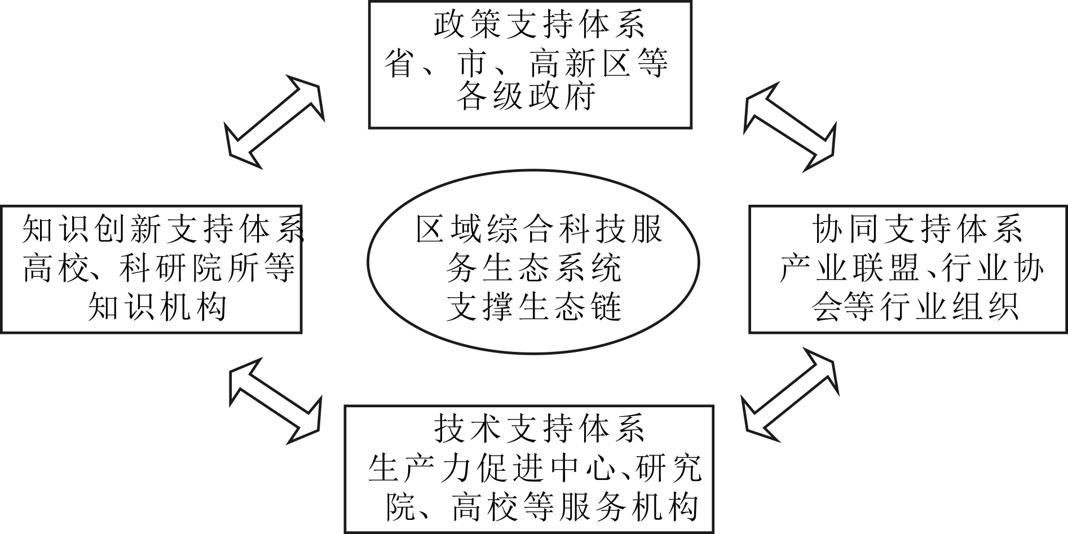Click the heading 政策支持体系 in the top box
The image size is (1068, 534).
point(539,26)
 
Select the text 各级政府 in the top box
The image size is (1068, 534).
point(526,96)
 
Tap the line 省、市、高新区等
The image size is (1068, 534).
point(527,62)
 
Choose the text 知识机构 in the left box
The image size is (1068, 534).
point(157,306)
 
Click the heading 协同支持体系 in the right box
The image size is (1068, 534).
point(917,229)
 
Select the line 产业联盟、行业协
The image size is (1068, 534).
point(912,267)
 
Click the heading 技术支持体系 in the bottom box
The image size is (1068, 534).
point(539,429)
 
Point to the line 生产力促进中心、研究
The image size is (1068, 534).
point(535,467)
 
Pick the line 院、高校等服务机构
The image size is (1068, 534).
point(542,506)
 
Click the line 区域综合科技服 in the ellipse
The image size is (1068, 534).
point(539,229)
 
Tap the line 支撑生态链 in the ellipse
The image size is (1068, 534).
point(533,306)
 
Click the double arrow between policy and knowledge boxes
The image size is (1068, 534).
point(275,116)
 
